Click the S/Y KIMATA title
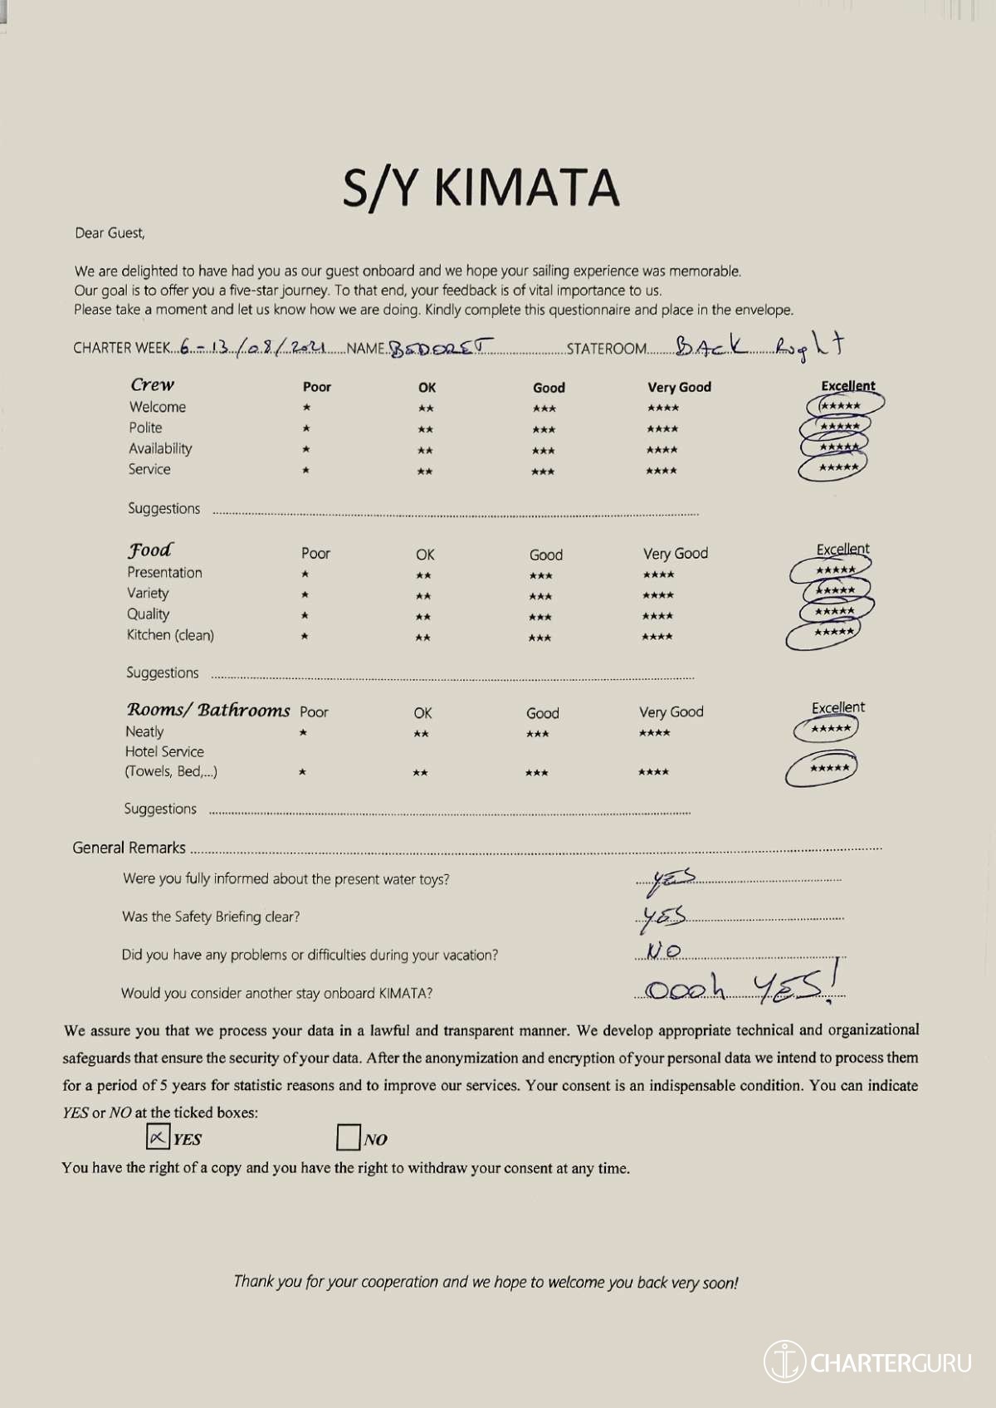pyautogui.click(x=481, y=188)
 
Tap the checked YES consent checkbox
pyautogui.click(x=158, y=1137)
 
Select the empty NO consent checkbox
pyautogui.click(x=349, y=1137)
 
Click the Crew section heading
pyautogui.click(x=153, y=384)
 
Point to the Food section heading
pyautogui.click(x=150, y=550)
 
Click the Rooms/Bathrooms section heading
pyautogui.click(x=207, y=710)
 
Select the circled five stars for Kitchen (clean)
pyautogui.click(x=834, y=633)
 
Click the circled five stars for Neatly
pyautogui.click(x=830, y=729)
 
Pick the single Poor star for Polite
pyautogui.click(x=306, y=428)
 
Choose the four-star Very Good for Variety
pyautogui.click(x=658, y=595)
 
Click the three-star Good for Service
pyautogui.click(x=543, y=472)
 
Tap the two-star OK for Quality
pyautogui.click(x=423, y=617)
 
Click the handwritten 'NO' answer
pyautogui.click(x=663, y=951)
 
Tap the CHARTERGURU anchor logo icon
pyautogui.click(x=784, y=1362)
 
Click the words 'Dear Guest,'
pyautogui.click(x=110, y=233)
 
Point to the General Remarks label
pyautogui.click(x=129, y=848)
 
